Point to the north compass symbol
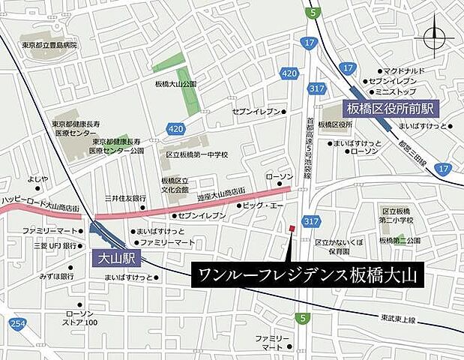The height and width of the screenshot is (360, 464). pyautogui.click(x=435, y=37)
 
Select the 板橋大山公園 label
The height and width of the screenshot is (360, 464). pyautogui.click(x=175, y=84)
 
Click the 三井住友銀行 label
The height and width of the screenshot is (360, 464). pyautogui.click(x=124, y=198)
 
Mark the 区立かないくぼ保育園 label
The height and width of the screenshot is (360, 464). pyautogui.click(x=339, y=248)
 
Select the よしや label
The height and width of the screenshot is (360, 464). pyautogui.click(x=38, y=178)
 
